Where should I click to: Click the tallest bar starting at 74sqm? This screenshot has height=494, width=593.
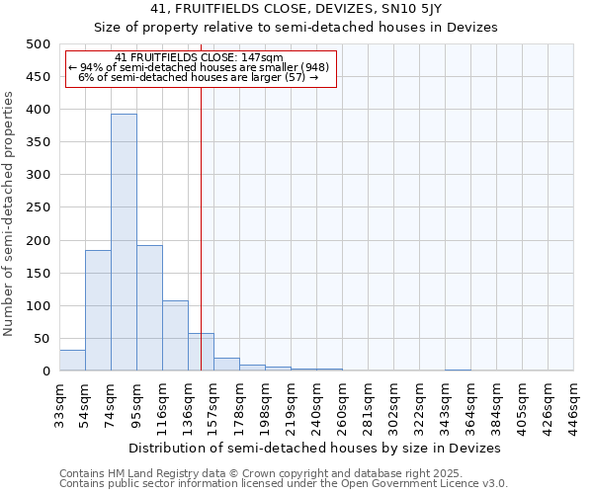point(124,242)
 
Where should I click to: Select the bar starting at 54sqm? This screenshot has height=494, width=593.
point(98,310)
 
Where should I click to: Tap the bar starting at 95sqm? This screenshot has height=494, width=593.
point(149,307)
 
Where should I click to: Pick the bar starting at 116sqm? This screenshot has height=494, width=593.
point(175,336)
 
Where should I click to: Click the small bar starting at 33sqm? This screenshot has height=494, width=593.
point(72,361)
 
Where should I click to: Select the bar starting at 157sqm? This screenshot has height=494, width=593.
point(226,365)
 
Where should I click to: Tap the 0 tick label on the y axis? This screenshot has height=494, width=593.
point(45,371)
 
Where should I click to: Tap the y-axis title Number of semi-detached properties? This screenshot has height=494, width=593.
point(10,213)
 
